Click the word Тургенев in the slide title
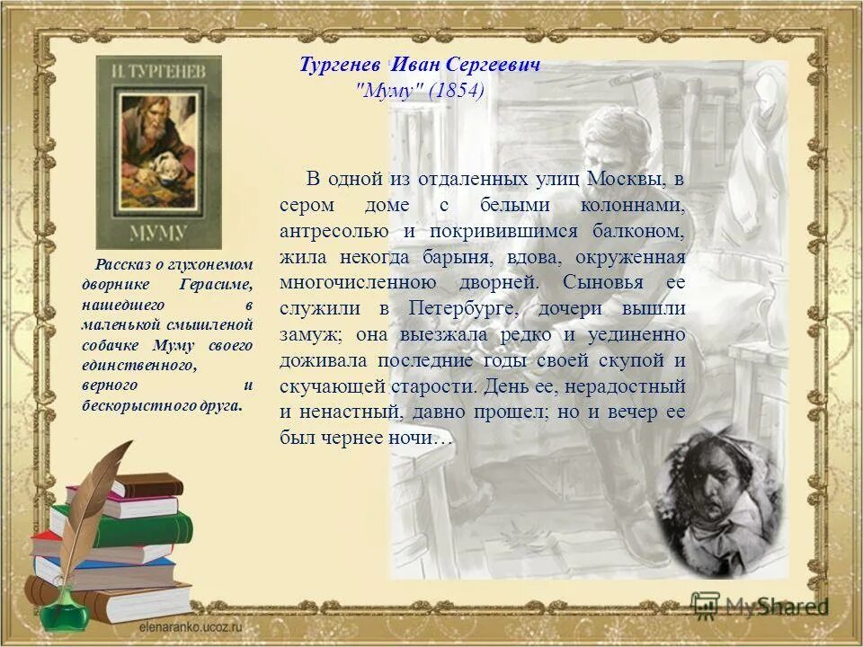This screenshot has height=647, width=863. [342, 66]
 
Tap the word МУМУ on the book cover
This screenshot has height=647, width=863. [158, 232]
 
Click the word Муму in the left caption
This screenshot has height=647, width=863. [174, 344]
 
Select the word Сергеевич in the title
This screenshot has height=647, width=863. [499, 66]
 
